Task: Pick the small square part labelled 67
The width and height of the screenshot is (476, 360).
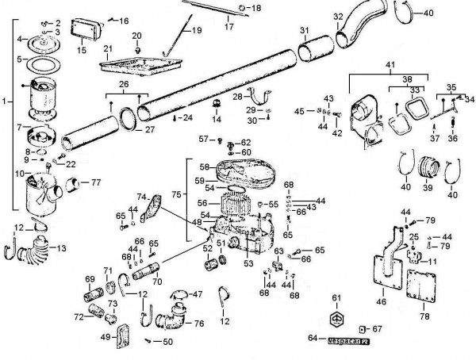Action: coord(363,328)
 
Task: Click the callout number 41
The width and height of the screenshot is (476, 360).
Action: coord(389,63)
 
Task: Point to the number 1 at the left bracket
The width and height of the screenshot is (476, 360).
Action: coord(5,101)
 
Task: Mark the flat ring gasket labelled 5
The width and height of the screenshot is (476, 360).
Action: coord(36,59)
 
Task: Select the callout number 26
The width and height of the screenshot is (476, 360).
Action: coord(124,86)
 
